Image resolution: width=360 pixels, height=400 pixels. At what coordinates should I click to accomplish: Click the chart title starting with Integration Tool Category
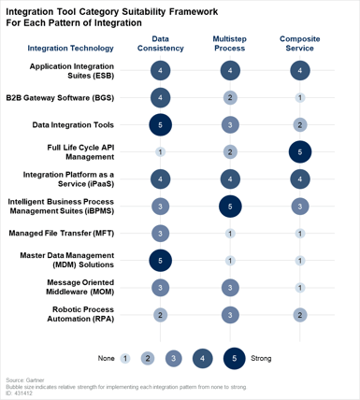[x=131, y=17]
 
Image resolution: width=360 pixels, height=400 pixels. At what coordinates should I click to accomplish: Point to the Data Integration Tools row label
[x=73, y=123]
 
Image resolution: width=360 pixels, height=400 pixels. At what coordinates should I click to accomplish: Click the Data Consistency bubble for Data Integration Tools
[x=161, y=124]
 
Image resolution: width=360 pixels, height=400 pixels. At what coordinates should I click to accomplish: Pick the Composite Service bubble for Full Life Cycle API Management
[x=300, y=151]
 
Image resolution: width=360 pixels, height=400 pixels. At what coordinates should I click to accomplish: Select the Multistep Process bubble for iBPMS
[x=230, y=206]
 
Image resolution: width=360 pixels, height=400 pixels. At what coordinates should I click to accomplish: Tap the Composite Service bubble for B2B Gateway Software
[x=300, y=97]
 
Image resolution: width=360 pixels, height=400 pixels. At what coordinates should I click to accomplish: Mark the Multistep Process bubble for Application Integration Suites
[x=230, y=70]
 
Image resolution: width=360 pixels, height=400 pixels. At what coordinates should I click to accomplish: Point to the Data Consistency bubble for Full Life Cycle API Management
[x=161, y=151]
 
